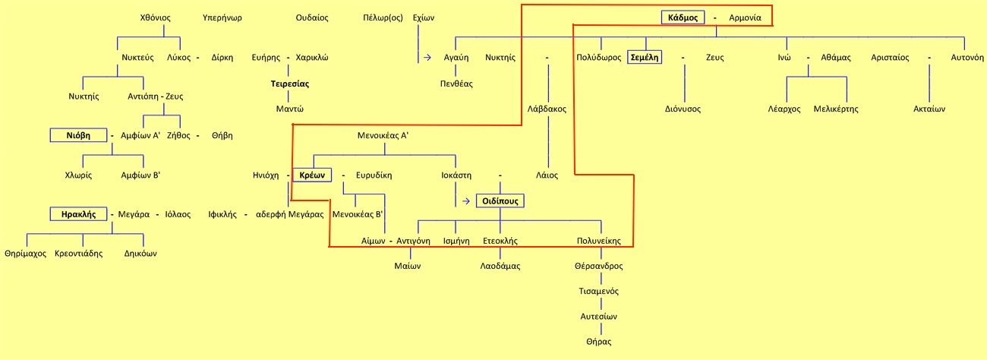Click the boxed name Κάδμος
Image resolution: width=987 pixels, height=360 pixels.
[x=683, y=17]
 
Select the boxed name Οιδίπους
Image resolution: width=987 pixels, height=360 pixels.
[x=500, y=201]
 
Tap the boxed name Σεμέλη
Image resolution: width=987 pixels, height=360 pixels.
[x=645, y=57]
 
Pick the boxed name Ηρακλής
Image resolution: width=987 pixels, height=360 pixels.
[x=78, y=214]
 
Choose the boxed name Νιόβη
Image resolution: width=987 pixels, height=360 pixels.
[x=78, y=135]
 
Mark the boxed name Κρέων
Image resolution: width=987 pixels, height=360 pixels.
[x=312, y=175]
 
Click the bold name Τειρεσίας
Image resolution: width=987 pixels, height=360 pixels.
[x=290, y=84]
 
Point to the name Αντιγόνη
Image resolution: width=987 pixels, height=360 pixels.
[x=414, y=241]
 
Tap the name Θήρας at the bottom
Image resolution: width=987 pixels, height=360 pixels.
[x=598, y=342]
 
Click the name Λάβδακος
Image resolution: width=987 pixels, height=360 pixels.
[x=547, y=109]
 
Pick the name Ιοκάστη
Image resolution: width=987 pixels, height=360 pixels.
[x=456, y=175]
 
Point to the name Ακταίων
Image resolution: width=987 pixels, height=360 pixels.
[x=929, y=109]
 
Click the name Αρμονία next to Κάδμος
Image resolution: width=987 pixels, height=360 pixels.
[x=750, y=17]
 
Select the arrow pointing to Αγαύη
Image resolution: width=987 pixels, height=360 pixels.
[x=427, y=57]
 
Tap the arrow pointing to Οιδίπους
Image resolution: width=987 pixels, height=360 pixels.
[x=464, y=201]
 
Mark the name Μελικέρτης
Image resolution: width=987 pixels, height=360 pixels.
[x=836, y=109]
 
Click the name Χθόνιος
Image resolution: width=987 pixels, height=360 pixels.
[x=156, y=17]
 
